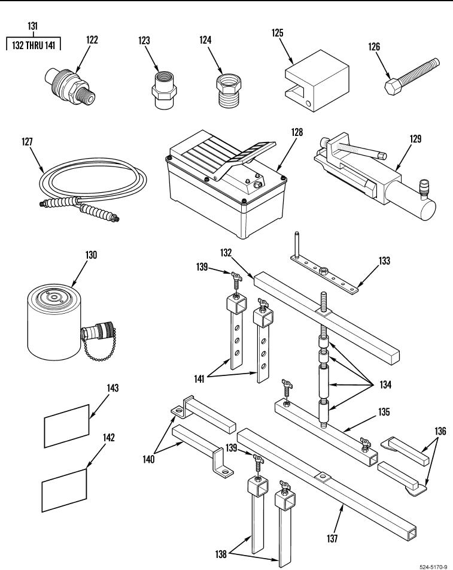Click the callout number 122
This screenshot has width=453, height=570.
[x=92, y=40]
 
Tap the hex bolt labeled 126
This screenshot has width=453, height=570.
[x=412, y=77]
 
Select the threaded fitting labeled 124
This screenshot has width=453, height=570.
[x=229, y=91]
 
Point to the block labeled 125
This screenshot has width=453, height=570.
[x=317, y=81]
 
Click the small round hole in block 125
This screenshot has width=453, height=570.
[x=309, y=104]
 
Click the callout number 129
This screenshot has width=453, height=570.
[x=415, y=139]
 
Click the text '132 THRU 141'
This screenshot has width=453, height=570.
[x=34, y=46]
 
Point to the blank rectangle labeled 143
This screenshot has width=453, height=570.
[x=66, y=426]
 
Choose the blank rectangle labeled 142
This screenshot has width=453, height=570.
[x=65, y=490]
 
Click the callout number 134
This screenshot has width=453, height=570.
[x=385, y=384]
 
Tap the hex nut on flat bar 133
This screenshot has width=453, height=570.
[x=322, y=271]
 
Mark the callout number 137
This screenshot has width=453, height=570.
[x=332, y=538]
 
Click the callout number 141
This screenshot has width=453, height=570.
[x=199, y=379]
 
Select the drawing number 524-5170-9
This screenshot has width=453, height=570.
[x=433, y=567]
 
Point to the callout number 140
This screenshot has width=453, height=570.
[x=148, y=459]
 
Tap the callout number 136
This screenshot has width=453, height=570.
[x=440, y=431]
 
